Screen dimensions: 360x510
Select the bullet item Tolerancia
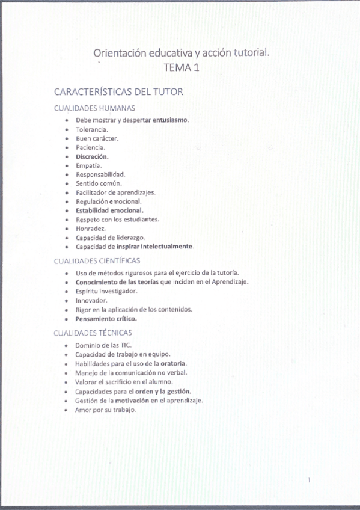[x=92, y=129]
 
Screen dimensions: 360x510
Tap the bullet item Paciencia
[x=90, y=147]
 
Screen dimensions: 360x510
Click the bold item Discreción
[x=92, y=156]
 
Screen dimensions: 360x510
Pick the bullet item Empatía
[x=88, y=165]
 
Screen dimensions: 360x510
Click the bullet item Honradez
[x=91, y=229]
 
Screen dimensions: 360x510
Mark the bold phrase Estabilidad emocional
[x=109, y=210]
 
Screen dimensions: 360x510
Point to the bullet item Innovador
[x=91, y=300]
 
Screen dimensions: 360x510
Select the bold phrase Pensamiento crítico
[x=106, y=318]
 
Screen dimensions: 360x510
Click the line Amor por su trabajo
[x=106, y=410]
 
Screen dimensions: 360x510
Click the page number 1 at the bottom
[x=309, y=480]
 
